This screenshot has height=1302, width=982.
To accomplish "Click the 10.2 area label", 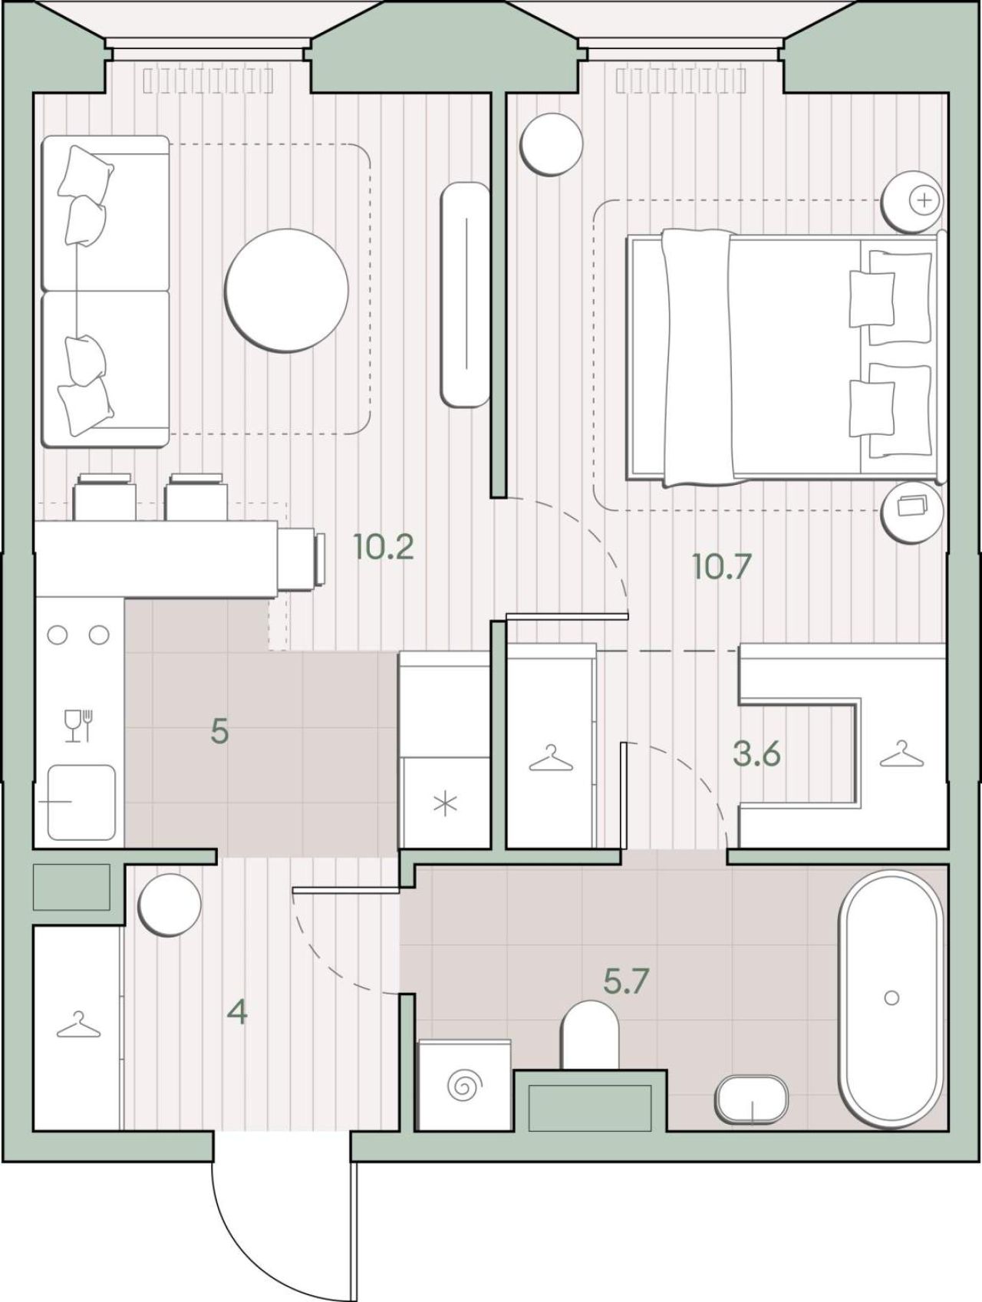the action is click(x=384, y=547).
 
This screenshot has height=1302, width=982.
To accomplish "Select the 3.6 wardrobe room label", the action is click(x=756, y=754).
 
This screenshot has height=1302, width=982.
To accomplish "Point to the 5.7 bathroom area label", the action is click(x=627, y=981).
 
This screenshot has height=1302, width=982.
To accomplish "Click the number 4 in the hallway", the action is click(x=238, y=1013).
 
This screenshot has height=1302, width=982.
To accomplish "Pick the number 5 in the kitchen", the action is click(x=219, y=731).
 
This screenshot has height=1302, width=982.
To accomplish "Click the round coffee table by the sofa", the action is click(x=286, y=290).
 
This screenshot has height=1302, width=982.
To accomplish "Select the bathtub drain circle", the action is click(x=891, y=997).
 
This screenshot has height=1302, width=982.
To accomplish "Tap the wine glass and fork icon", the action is click(x=79, y=725).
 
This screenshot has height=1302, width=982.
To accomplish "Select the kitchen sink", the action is click(x=81, y=802).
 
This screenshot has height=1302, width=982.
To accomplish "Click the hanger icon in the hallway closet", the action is click(x=78, y=1025).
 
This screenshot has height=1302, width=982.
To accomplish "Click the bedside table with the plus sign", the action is click(x=911, y=201).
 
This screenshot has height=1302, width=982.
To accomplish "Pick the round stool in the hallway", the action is click(x=170, y=904).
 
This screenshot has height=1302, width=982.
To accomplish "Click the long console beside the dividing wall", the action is click(x=466, y=294).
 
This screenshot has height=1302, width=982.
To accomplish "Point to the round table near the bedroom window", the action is click(x=550, y=144).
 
